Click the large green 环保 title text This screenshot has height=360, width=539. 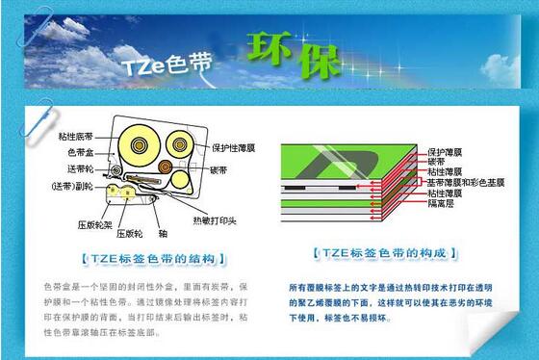(x=291, y=55)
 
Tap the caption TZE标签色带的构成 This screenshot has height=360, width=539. (x=381, y=253)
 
